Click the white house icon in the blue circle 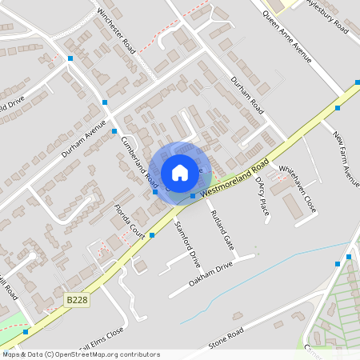180,172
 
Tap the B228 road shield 77,299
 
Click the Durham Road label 246,92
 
